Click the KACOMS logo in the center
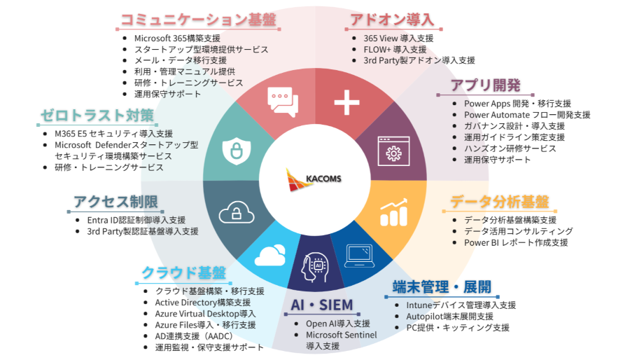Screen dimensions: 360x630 click(314, 179)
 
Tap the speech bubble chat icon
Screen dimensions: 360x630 click(279, 102)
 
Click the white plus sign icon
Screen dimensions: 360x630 click(346, 102)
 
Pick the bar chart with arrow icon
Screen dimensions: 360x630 click(393, 213)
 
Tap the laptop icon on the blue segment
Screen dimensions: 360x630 click(362, 255)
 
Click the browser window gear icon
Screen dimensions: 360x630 click(393, 150)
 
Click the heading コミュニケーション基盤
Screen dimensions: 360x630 click(199, 20)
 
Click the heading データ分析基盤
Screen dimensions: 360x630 click(498, 202)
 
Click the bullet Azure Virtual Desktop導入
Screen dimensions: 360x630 click(205, 313)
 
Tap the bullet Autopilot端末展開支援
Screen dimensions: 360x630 click(454, 317)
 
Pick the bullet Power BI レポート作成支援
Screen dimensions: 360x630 click(516, 242)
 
